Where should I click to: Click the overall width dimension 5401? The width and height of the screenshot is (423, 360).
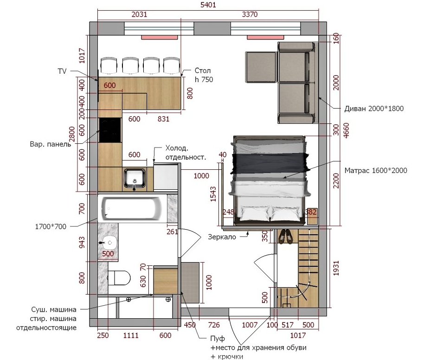coord(208,5)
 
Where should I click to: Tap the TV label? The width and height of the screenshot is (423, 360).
coord(62,71)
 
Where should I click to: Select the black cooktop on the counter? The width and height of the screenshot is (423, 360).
coord(110,130)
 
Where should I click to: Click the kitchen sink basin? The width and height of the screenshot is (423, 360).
coord(135,178)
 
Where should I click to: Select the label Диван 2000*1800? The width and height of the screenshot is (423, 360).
coord(374,109)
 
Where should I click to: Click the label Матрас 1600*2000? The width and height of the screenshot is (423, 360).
coord(376,170)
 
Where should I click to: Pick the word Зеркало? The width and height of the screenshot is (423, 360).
coord(222,237)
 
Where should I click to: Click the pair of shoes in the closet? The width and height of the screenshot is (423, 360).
coord(286,237)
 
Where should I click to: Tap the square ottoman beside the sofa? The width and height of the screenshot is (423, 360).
coord(261,67)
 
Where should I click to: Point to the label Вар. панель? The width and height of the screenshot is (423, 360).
coord(51,144)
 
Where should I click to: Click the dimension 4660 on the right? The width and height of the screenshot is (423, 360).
coord(346,130)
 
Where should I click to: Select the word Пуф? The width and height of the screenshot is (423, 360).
coord(218,338)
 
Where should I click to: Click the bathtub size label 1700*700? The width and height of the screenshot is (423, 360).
coord(51,226)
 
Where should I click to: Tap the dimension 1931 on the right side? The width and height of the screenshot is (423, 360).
coord(336,268)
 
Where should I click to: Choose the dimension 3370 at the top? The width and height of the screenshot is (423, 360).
coord(250,14)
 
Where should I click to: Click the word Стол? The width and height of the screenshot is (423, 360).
coord(203,71)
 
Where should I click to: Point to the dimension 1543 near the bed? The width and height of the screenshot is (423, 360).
coord(213,194)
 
